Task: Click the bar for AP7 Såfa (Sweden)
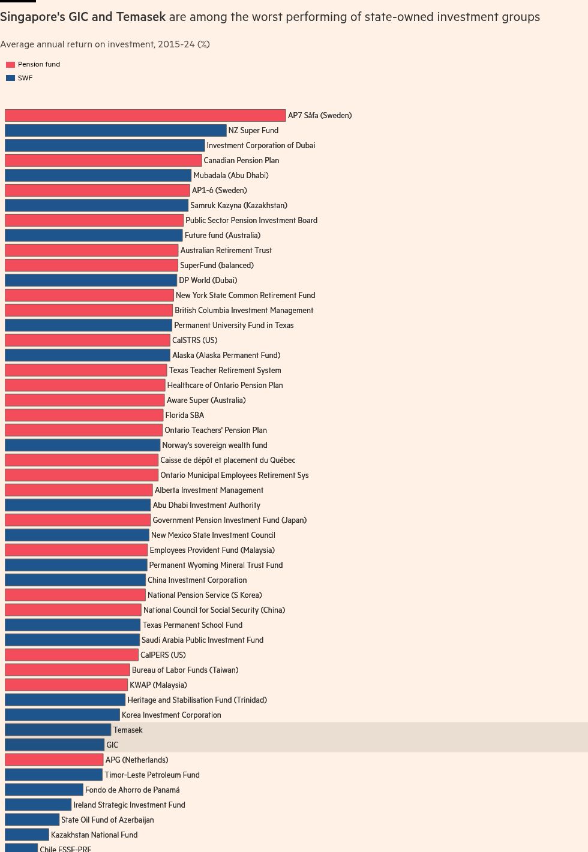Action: click(145, 115)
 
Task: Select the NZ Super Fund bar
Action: click(115, 130)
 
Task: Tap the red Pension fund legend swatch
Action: click(10, 65)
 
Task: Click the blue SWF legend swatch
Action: click(10, 78)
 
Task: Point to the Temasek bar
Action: click(58, 730)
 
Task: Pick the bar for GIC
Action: click(54, 745)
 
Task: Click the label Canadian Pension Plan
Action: click(241, 160)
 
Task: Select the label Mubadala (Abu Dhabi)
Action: click(231, 175)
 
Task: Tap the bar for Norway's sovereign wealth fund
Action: click(82, 445)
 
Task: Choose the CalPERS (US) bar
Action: click(71, 655)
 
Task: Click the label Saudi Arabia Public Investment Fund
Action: click(202, 640)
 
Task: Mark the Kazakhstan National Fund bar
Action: click(26, 835)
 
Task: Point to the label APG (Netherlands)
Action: click(137, 760)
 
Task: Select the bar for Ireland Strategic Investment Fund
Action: click(38, 805)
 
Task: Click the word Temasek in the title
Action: click(140, 17)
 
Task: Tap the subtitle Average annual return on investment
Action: click(105, 44)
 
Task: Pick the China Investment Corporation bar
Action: click(75, 580)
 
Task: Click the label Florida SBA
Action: click(185, 415)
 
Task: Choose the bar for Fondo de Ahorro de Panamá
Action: click(44, 790)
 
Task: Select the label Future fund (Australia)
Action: click(223, 235)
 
